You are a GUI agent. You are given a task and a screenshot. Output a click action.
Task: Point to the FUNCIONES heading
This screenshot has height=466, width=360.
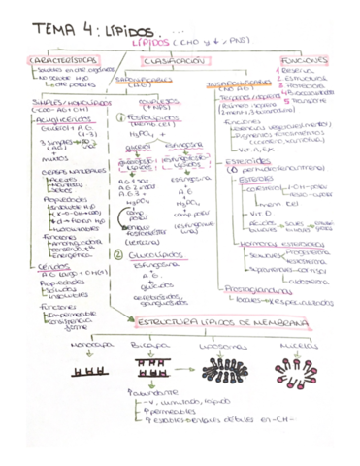click(303, 60)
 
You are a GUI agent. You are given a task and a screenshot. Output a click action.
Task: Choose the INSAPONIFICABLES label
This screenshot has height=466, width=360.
click(240, 82)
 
